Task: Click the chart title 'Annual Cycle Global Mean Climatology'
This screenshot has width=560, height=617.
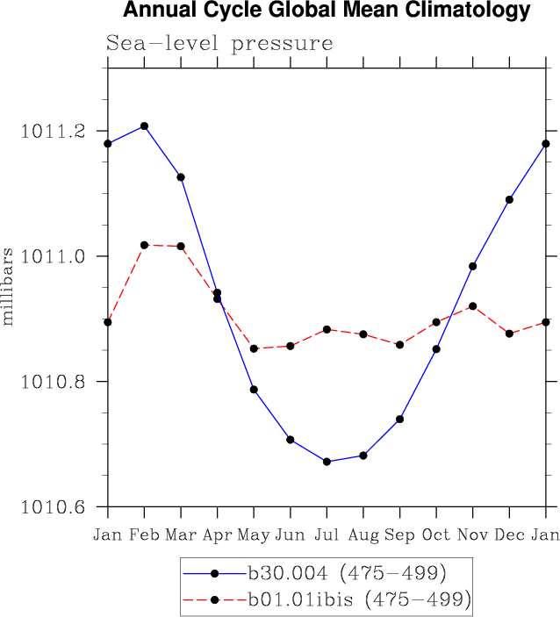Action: (x=327, y=11)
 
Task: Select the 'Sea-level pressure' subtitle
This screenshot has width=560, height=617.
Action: (x=219, y=43)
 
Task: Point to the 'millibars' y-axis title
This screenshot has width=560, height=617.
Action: (x=9, y=286)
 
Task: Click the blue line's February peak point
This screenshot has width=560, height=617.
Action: (x=145, y=126)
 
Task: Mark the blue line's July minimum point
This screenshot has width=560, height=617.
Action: (x=327, y=462)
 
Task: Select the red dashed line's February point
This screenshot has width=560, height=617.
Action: (x=145, y=245)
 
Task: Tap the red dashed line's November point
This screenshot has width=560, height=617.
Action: (x=473, y=306)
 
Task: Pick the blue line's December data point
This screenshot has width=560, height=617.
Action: (x=509, y=200)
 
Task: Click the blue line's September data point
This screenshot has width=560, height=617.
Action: (x=400, y=420)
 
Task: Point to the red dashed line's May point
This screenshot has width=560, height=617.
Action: (x=255, y=348)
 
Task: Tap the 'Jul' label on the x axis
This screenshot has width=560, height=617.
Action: (x=327, y=534)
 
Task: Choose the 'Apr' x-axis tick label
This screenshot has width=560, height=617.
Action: (x=218, y=534)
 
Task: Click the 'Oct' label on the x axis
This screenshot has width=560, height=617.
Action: (x=436, y=534)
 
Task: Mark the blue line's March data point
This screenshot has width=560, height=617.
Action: (x=181, y=177)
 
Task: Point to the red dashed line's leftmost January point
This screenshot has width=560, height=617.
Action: (x=108, y=322)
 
